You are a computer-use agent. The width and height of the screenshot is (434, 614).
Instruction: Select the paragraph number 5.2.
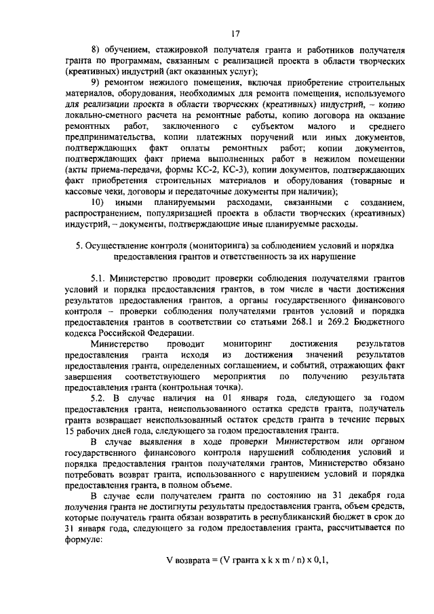tap(99, 397)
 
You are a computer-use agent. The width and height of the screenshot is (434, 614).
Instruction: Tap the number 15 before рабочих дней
tap(70, 429)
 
